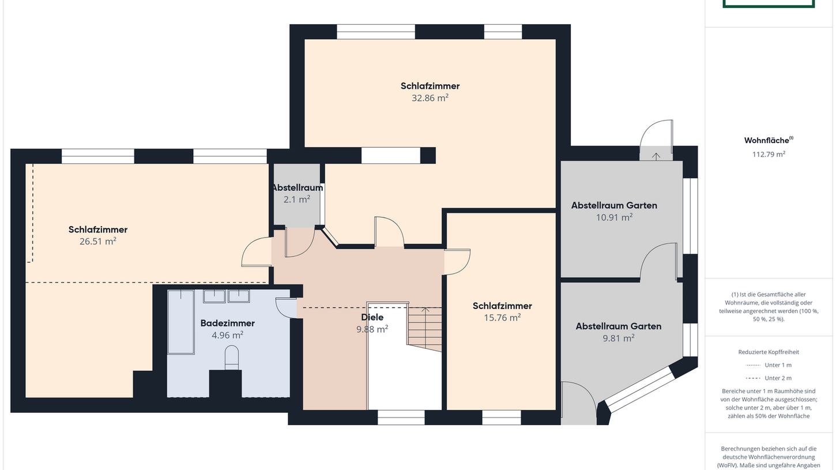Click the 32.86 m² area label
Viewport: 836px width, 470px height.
430,98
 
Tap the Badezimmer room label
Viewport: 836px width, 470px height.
227,323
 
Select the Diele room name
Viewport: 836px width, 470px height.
372,317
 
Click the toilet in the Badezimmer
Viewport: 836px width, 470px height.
232,357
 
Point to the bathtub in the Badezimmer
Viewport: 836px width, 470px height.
180,322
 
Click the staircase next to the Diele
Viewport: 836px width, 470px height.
425,329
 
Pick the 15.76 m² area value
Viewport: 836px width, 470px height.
502,317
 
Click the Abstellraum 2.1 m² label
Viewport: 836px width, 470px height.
297,193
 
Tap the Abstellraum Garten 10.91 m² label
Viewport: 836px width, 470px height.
614,210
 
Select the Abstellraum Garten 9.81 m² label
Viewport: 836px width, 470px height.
618,332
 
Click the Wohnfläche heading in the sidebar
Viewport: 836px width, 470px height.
768,140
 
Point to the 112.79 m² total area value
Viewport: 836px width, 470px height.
769,154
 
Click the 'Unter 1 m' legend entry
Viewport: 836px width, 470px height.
778,365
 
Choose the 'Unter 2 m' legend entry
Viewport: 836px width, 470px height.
778,378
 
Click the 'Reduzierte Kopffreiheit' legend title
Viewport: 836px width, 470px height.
769,352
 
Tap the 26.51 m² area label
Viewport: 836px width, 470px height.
98,242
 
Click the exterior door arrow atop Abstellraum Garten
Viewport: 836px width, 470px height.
656,155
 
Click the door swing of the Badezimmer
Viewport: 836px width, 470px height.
286,307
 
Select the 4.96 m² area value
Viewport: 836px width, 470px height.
227,334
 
